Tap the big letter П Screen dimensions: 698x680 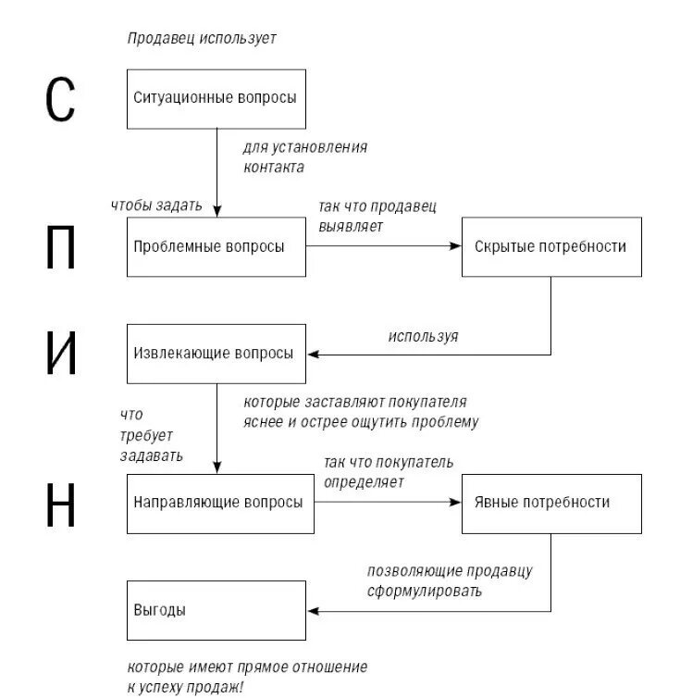(x=61, y=247)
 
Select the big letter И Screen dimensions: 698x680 (x=61, y=354)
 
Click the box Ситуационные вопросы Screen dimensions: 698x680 (x=216, y=97)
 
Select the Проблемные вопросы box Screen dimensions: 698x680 (x=216, y=247)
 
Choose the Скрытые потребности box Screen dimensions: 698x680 (x=550, y=247)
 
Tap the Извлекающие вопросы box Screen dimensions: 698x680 (x=216, y=354)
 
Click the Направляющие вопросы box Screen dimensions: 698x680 (x=216, y=503)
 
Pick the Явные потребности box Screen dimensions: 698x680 (x=550, y=503)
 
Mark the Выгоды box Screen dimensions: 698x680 (x=216, y=610)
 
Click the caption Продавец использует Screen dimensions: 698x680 (x=202, y=39)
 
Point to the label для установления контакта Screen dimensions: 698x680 (x=304, y=157)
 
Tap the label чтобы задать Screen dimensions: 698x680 (x=155, y=206)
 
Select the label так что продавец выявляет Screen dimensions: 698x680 (x=377, y=215)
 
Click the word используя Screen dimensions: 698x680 (x=423, y=337)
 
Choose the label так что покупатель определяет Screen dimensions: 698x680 (x=388, y=471)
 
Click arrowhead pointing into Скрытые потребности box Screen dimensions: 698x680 (x=455, y=247)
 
